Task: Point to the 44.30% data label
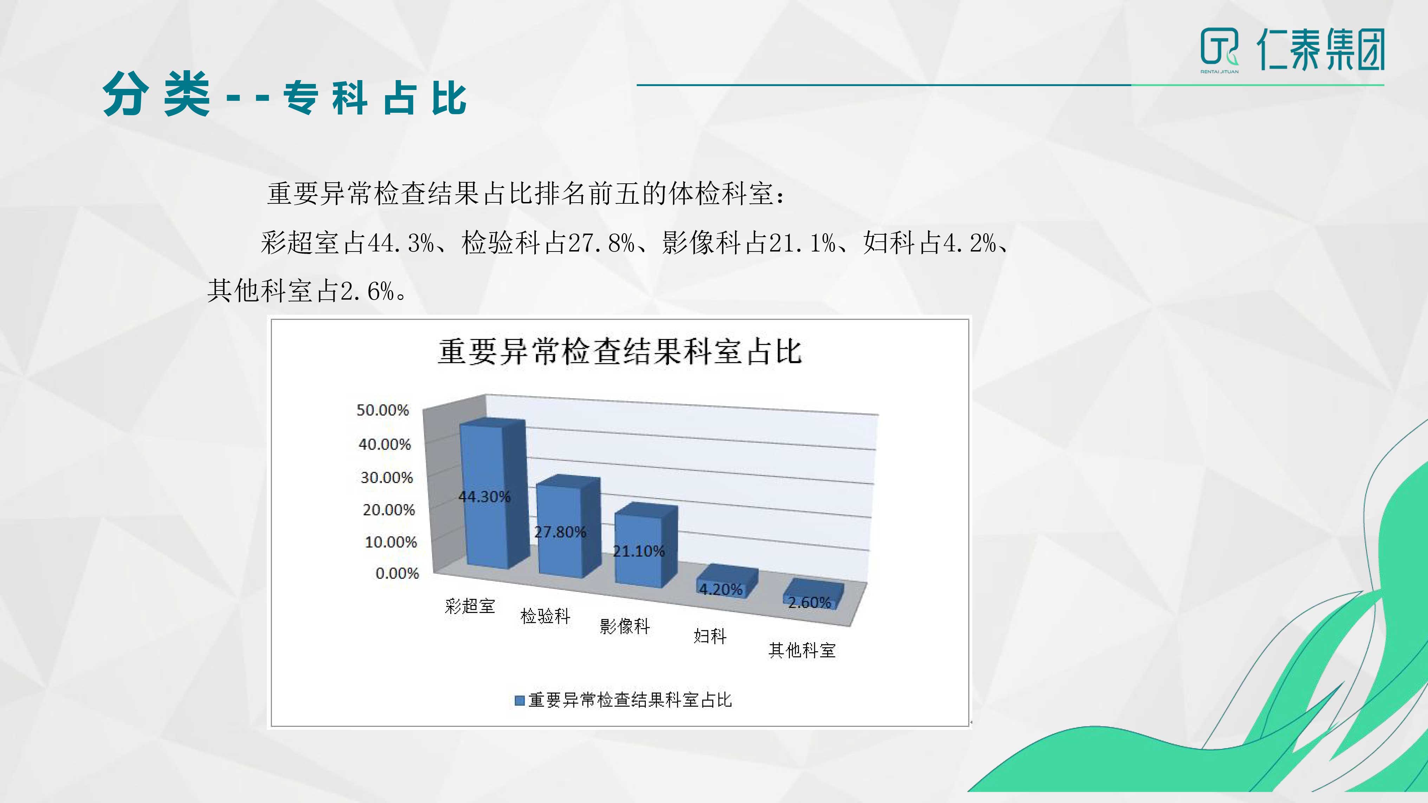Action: click(484, 497)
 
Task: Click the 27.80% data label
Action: click(560, 532)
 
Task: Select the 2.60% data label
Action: click(809, 602)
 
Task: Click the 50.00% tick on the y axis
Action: click(383, 410)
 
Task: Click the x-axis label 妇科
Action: click(709, 636)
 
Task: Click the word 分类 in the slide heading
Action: click(156, 94)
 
